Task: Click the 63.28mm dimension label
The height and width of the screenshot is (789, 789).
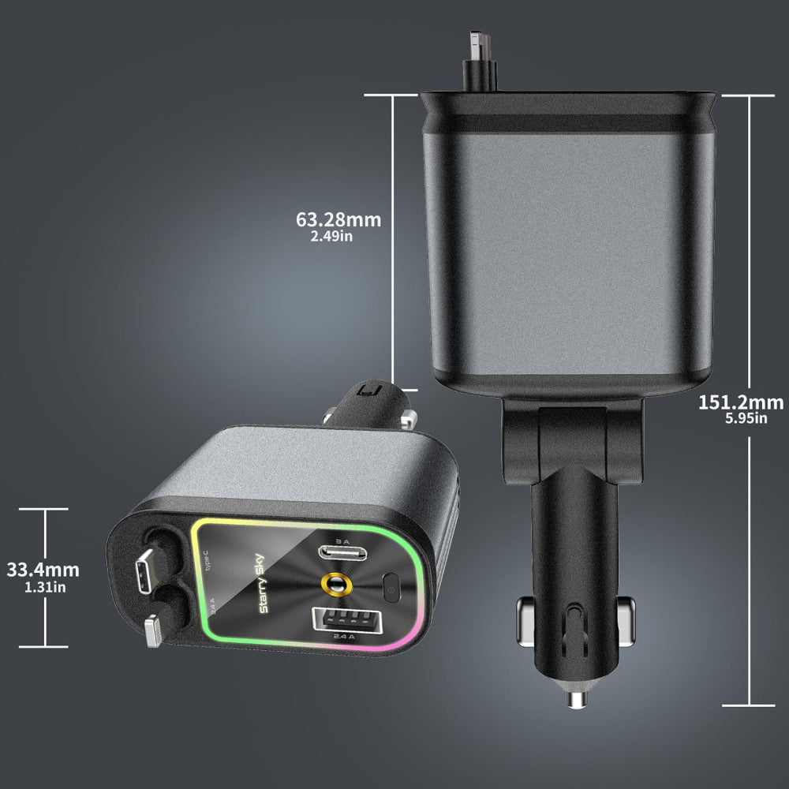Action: pyautogui.click(x=338, y=219)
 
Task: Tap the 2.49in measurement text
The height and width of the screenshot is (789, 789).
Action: pyautogui.click(x=338, y=236)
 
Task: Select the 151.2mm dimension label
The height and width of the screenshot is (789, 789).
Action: pyautogui.click(x=741, y=402)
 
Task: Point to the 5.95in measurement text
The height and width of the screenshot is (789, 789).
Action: pyautogui.click(x=746, y=419)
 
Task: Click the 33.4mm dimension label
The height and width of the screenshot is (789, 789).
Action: pyautogui.click(x=43, y=570)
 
